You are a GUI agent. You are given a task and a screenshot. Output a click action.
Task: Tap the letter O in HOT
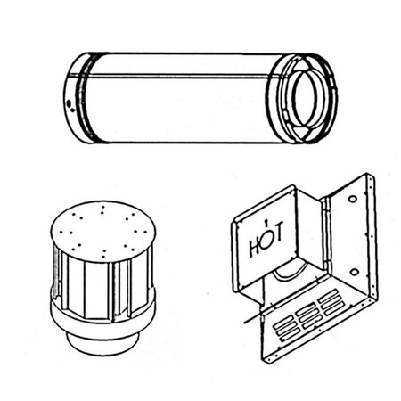point(266,238)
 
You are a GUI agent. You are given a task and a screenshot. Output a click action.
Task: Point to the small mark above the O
point(266,220)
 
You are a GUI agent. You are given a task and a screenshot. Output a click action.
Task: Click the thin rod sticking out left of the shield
point(245,317)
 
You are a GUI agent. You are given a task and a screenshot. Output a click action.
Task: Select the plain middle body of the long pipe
point(178,98)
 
